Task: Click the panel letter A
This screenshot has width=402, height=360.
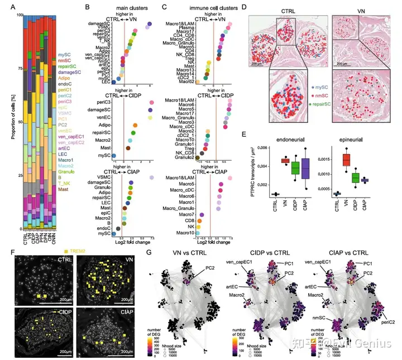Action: pyautogui.click(x=6, y=7)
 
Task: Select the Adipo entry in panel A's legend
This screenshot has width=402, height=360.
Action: pyautogui.click(x=63, y=79)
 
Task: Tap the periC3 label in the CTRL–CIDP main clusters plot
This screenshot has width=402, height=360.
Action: pyautogui.click(x=105, y=102)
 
